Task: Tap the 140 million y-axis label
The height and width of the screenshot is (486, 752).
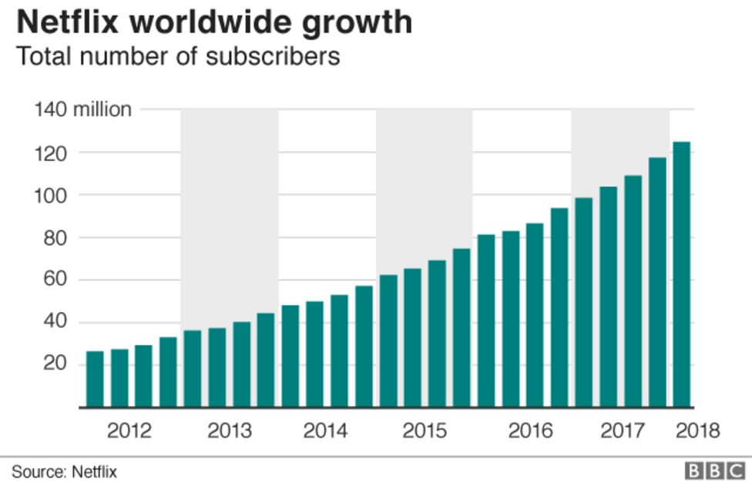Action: pyautogui.click(x=82, y=109)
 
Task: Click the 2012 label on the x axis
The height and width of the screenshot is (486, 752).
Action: pyautogui.click(x=129, y=430)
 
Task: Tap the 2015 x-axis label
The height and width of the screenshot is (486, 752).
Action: pyautogui.click(x=425, y=430)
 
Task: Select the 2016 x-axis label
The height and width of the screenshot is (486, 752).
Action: pyautogui.click(x=530, y=430)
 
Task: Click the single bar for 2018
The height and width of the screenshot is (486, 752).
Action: pyautogui.click(x=681, y=274)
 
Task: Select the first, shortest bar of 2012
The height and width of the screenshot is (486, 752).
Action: pyautogui.click(x=95, y=379)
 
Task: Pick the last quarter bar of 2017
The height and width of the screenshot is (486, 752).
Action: pyautogui.click(x=657, y=282)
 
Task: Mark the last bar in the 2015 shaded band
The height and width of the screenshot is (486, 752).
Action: pyautogui.click(x=462, y=327)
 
